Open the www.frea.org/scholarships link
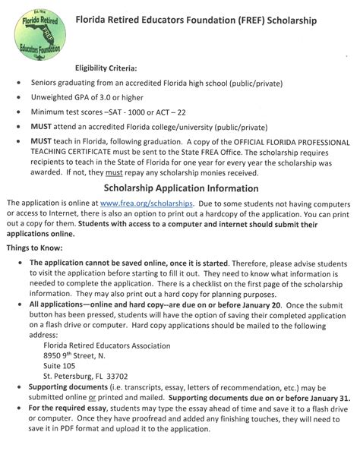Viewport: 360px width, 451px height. coord(147,203)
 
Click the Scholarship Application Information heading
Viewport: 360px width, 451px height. coord(181,188)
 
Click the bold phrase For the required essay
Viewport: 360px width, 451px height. coord(73,408)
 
